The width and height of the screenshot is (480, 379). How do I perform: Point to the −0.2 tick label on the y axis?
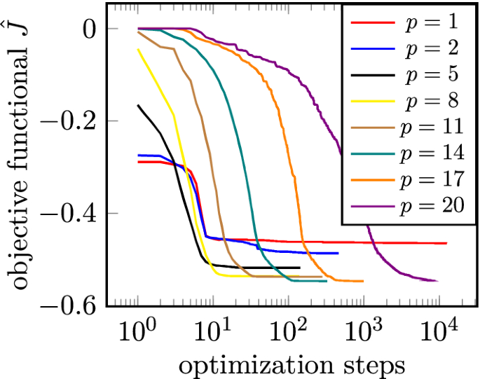point(69,121)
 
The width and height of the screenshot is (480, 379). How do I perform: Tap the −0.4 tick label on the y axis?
point(69,213)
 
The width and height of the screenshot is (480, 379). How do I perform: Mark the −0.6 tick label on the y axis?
point(69,305)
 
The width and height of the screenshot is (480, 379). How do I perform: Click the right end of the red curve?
point(446,243)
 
